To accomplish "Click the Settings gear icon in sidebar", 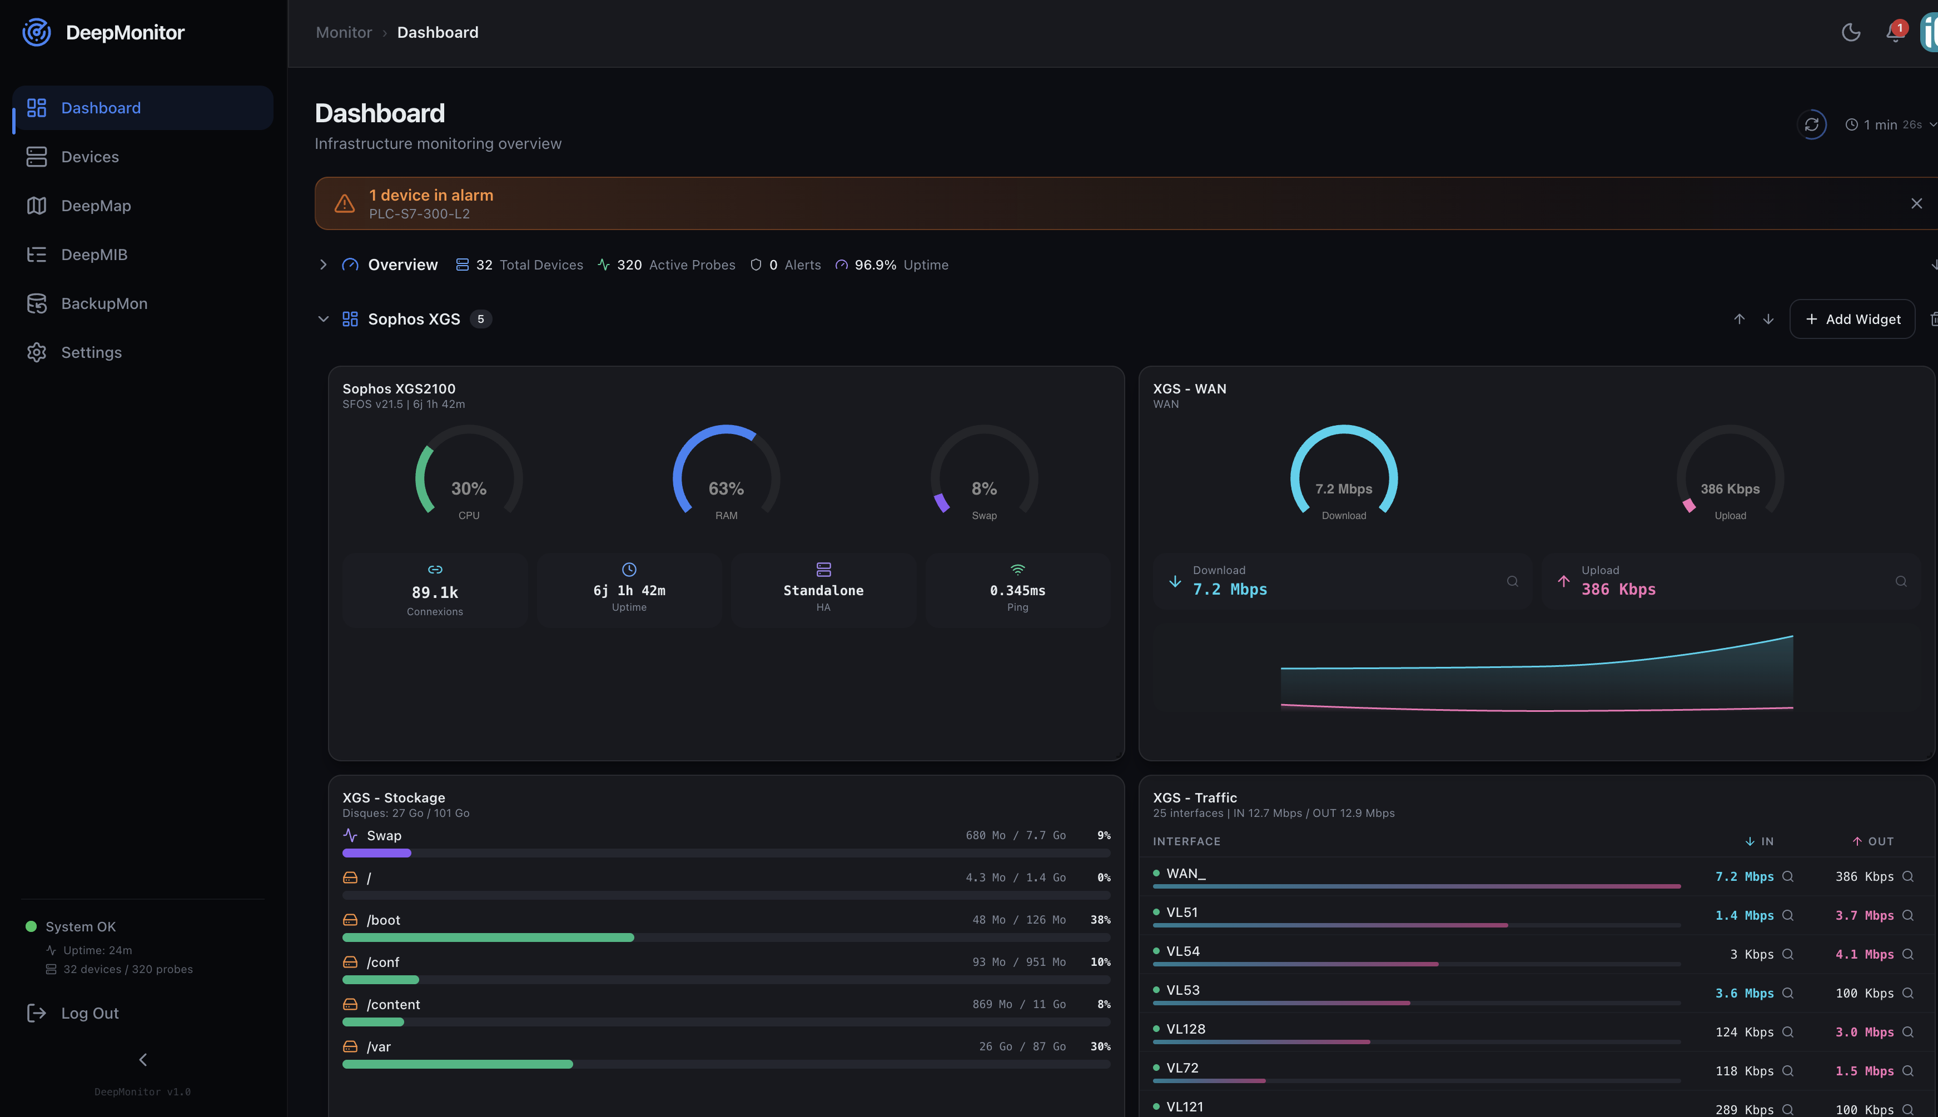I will [37, 352].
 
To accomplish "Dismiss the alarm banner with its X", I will [1916, 203].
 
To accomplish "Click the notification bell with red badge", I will [1894, 33].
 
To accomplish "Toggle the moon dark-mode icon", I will [1851, 32].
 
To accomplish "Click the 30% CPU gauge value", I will [468, 488].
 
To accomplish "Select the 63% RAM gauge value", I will [726, 488].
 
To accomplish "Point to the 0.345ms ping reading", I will [1017, 591].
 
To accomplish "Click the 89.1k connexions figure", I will [434, 592].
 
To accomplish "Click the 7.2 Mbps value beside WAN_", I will [1744, 876].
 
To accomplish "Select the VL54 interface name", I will [1182, 951].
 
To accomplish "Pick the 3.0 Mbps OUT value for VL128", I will [1864, 1032].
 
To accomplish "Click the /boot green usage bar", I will [488, 938].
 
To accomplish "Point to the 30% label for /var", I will [1100, 1046].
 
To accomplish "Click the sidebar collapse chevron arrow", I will [143, 1059].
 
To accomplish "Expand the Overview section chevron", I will [323, 265].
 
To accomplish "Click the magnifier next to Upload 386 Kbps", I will [1900, 581].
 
